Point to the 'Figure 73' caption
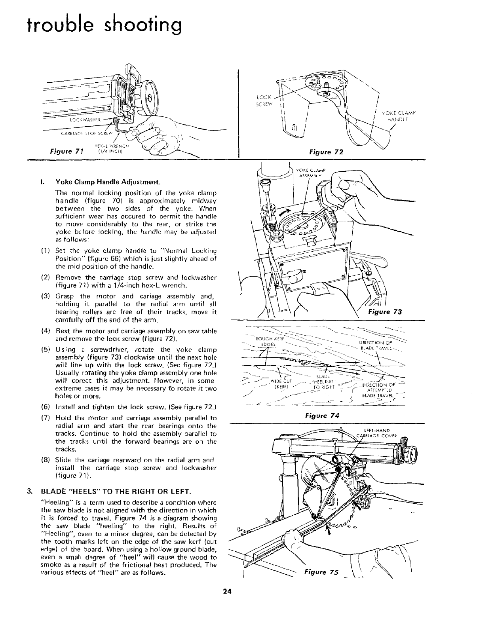tap(385, 312)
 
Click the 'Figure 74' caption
tap(321, 416)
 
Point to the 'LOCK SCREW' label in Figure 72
tap(263, 101)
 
